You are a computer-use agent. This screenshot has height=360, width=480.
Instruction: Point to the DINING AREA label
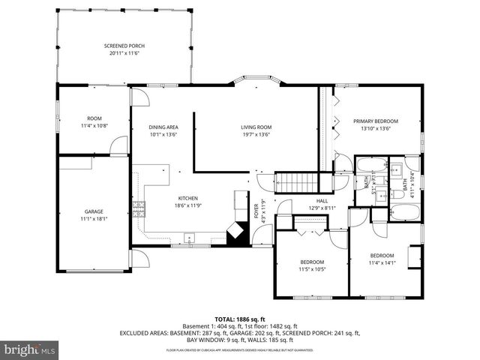[x=163, y=131]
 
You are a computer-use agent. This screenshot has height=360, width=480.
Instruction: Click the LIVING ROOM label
[x=256, y=131]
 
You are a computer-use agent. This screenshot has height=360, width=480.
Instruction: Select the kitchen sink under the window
[x=190, y=239]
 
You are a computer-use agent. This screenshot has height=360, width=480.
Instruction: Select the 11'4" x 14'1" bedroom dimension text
[x=381, y=263]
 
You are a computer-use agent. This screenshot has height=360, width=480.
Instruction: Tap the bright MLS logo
[x=30, y=349]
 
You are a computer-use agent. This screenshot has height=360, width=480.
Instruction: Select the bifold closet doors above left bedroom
[x=309, y=225]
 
